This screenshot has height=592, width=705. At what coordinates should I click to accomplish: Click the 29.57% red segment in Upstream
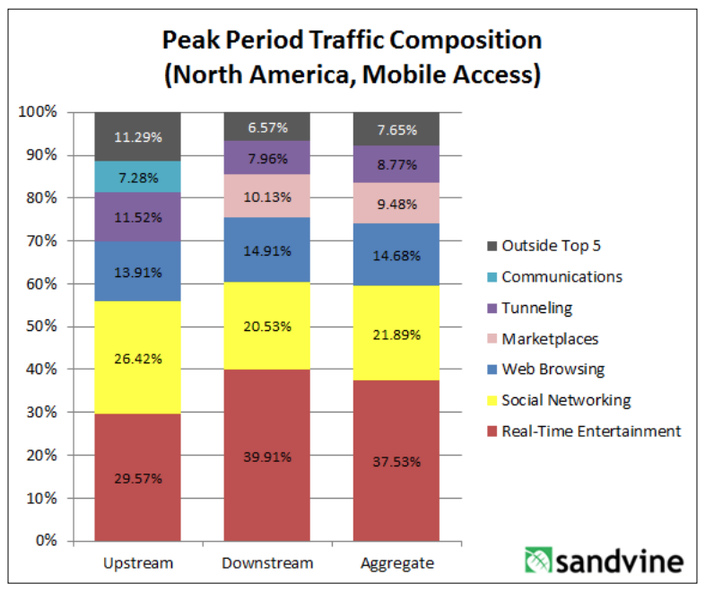pos(137,477)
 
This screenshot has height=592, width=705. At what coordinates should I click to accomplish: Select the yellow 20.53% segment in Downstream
pos(266,326)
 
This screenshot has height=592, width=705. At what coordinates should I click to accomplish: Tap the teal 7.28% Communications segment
pos(137,177)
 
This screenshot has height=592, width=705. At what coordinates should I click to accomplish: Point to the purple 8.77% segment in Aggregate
pos(396,164)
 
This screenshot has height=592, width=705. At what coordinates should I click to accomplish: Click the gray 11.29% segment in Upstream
pos(137,137)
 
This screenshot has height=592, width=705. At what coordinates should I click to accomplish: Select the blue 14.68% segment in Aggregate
pos(396,254)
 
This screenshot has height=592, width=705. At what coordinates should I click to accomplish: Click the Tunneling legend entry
pos(536,308)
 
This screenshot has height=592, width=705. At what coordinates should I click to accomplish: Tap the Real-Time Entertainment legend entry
pos(591,431)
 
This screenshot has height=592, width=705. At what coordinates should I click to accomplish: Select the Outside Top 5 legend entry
pos(551,245)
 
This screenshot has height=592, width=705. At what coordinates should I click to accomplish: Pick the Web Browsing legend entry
pos(553,369)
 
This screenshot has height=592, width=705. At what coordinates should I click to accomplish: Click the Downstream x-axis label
pos(266,564)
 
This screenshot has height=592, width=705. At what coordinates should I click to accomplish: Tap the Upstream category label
pos(138,564)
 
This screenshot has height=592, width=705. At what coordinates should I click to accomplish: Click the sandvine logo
pos(604,562)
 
